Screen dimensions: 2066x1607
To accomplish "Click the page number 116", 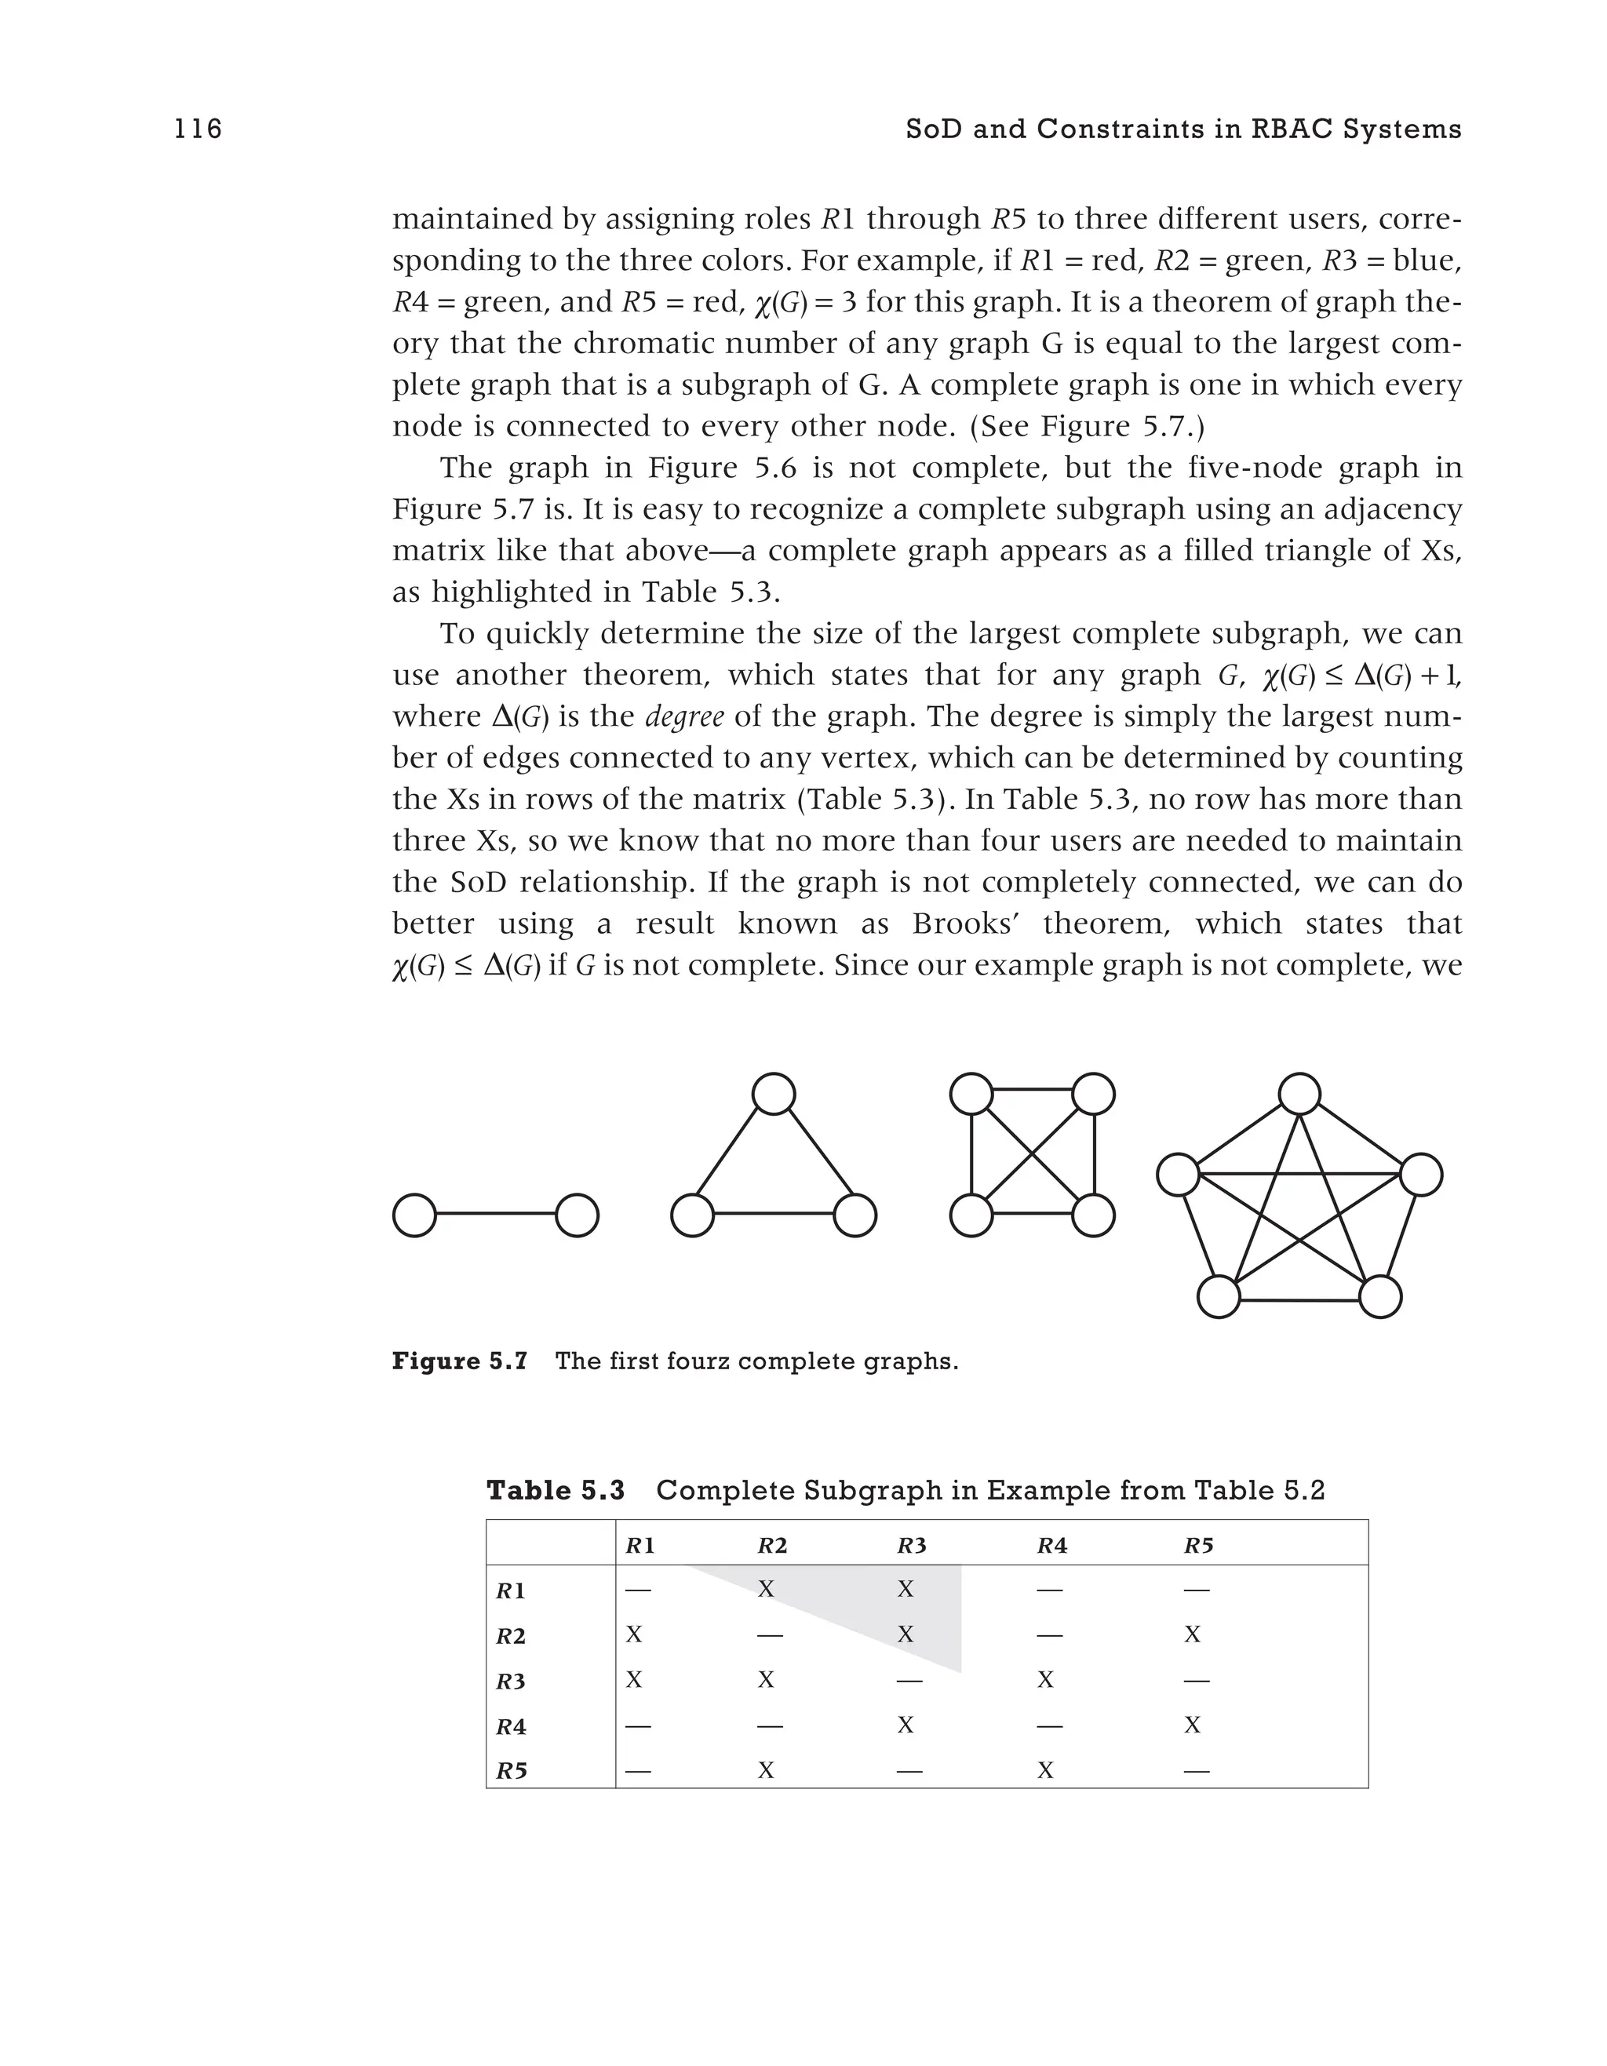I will pos(199,129).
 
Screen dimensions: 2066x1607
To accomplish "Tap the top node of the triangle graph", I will pos(773,1095).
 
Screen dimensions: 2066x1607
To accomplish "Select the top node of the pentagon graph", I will pos(1299,1095).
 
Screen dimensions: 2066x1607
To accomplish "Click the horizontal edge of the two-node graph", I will pos(496,1215).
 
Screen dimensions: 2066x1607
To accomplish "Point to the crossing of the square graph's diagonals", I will pos(1032,1155).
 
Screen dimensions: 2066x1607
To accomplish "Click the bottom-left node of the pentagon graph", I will pos(1219,1296).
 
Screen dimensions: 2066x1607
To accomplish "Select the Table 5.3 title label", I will pos(556,1491).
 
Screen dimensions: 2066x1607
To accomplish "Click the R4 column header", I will pos(1051,1546).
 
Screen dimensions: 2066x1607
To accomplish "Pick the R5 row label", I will pos(512,1771).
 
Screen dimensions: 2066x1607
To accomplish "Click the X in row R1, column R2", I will pos(766,1589).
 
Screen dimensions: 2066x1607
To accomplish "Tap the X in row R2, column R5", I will pos(1193,1634).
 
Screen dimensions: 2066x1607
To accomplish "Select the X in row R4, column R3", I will pos(906,1725).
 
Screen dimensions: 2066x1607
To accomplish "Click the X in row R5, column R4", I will pos(1045,1770).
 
